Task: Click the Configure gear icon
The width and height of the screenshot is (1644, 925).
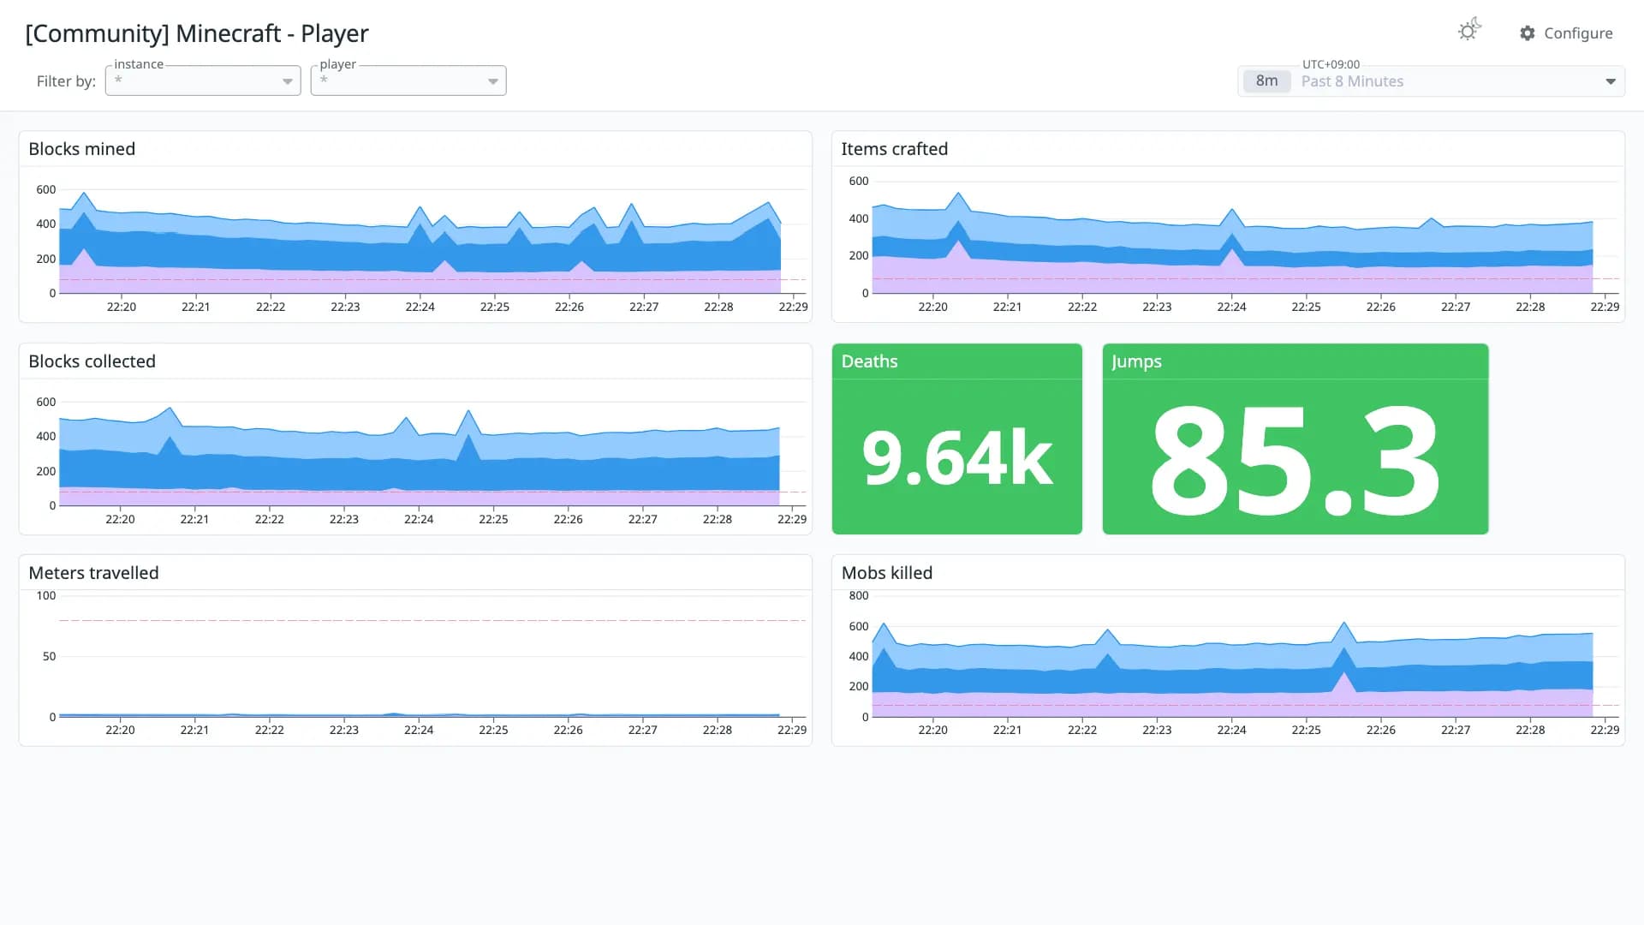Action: click(1528, 33)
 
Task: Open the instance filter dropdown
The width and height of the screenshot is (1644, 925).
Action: click(203, 81)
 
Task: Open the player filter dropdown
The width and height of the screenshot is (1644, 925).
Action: click(408, 81)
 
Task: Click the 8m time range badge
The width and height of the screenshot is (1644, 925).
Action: click(1266, 81)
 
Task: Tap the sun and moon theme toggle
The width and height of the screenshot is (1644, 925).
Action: click(1469, 30)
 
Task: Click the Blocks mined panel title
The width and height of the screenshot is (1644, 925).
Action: click(82, 149)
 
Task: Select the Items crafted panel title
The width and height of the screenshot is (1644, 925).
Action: click(895, 149)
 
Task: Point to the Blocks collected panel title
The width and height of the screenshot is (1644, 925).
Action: click(92, 361)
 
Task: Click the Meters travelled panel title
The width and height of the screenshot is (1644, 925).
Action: click(94, 573)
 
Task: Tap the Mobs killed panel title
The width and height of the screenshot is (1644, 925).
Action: click(887, 573)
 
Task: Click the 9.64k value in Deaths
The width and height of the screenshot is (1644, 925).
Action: click(957, 458)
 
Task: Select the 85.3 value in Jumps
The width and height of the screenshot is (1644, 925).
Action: click(1296, 461)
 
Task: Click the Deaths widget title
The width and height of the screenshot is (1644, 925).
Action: click(870, 361)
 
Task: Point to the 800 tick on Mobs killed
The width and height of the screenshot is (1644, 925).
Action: click(859, 595)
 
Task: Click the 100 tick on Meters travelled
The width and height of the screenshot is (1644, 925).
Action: click(46, 595)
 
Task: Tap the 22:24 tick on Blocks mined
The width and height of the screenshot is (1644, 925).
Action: click(420, 307)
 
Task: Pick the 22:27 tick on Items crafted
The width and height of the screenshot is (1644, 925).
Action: click(1456, 307)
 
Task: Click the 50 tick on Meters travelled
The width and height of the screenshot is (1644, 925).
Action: click(50, 656)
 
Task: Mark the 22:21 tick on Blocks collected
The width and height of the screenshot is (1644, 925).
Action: click(194, 519)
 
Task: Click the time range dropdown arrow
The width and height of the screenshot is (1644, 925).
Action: click(1611, 81)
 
